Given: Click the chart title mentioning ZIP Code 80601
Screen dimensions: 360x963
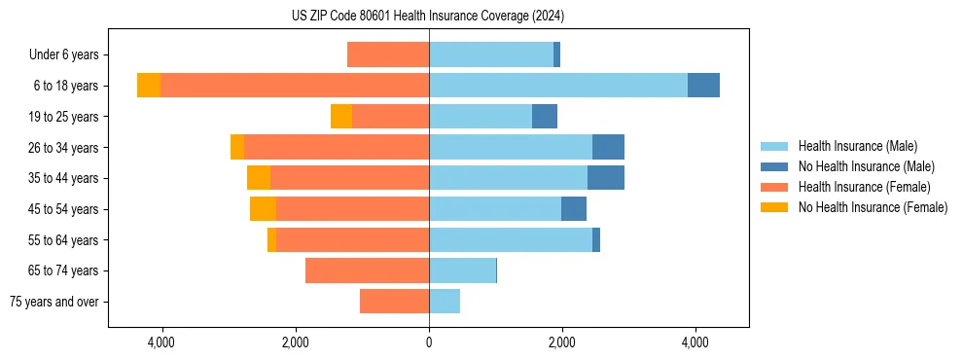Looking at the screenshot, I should tap(427, 17).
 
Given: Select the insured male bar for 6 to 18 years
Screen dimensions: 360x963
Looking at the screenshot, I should tap(557, 86).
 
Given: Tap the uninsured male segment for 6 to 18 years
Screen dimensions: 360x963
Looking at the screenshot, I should tap(703, 86).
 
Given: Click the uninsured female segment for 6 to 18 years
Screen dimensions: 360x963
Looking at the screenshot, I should tap(149, 86).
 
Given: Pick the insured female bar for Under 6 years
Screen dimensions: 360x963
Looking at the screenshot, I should tap(388, 54).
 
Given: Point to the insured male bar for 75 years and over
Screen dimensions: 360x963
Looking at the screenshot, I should tap(445, 302).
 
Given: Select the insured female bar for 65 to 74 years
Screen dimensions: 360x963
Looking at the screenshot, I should tap(367, 270).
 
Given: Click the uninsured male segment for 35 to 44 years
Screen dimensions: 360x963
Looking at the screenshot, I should tap(605, 178).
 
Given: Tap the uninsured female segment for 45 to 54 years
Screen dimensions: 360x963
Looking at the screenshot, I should tap(263, 209).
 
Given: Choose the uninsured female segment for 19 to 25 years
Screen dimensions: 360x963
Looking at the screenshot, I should tap(341, 117).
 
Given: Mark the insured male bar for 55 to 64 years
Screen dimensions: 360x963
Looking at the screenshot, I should tap(511, 240).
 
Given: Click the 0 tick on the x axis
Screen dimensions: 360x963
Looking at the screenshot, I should tap(429, 342).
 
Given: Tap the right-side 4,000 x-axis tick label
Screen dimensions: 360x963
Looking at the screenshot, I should tap(695, 342).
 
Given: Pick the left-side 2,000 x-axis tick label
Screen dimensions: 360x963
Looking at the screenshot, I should tap(295, 342).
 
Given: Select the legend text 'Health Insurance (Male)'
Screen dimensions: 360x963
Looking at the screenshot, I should tap(857, 146).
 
